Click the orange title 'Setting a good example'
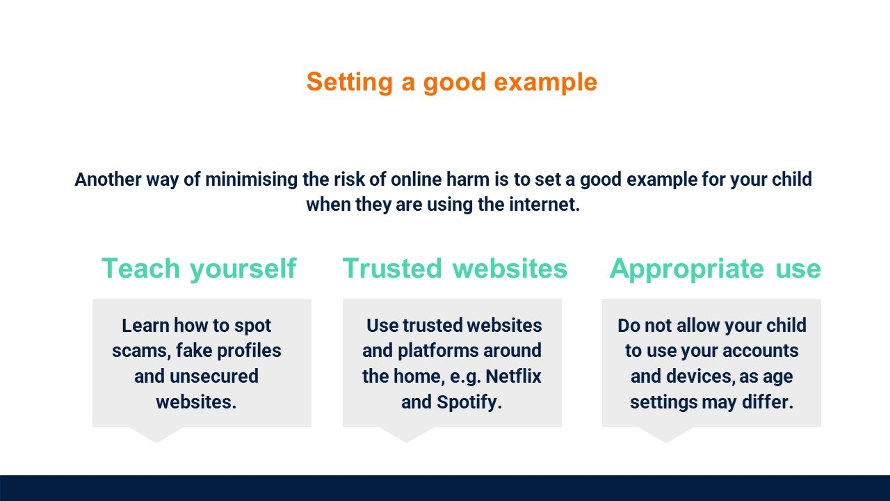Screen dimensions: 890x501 coord(452,83)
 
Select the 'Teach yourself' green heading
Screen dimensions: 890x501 coord(199,269)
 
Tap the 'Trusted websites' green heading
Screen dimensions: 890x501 coord(455,269)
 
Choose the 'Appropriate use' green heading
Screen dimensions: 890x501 coord(715,269)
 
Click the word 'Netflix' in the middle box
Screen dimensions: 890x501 coord(513,376)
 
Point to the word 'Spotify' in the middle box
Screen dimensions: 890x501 coord(467,402)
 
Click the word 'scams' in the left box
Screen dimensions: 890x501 coord(141,351)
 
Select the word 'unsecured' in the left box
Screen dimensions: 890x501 coord(214,376)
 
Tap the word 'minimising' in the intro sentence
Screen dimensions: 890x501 coord(251,180)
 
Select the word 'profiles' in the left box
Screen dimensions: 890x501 coord(249,351)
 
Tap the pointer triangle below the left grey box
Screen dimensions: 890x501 coord(156,434)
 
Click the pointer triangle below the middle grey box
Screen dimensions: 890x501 coord(406,434)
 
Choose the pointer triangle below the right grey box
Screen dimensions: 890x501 coord(666,434)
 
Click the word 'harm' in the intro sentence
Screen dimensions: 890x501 coord(468,180)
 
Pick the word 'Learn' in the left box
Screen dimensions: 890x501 coord(145,326)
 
